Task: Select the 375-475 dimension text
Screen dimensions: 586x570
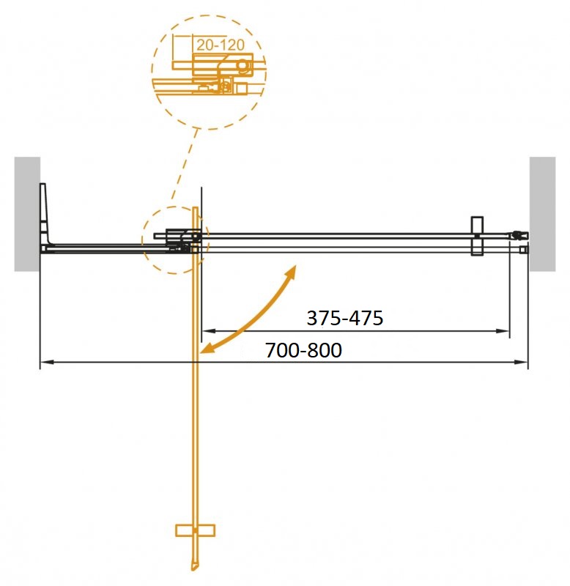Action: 345,318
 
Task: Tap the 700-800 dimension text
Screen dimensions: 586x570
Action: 303,350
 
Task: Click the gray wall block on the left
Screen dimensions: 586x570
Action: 27,213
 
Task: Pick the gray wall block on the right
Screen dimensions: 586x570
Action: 542,213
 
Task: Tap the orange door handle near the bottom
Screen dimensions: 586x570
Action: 195,530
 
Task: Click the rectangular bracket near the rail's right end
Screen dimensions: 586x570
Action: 476,236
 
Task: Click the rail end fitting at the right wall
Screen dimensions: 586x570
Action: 521,236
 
